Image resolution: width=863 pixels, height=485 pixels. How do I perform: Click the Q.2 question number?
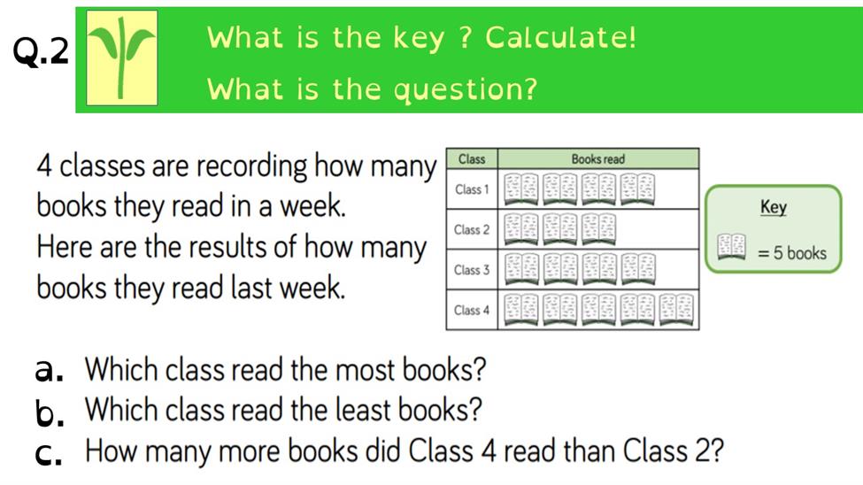[41, 51]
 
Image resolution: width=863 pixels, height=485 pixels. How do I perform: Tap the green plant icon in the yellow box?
[121, 58]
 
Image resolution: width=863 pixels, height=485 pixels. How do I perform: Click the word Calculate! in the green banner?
[560, 37]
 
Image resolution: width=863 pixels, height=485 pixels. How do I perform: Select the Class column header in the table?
[472, 159]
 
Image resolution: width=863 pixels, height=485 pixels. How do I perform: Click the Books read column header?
[597, 159]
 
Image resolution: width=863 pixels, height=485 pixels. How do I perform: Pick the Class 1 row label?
[472, 189]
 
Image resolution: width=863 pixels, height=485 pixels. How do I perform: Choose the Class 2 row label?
[472, 229]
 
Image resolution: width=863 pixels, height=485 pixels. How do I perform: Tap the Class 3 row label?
[472, 270]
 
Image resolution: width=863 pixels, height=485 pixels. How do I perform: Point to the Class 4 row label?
[472, 310]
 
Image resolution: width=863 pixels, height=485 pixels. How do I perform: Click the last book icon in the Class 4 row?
[676, 310]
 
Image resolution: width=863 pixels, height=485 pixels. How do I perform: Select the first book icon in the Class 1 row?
[521, 189]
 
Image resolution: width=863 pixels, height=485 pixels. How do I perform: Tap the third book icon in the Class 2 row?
[599, 229]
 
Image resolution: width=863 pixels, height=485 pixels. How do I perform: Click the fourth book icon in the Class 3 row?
[638, 270]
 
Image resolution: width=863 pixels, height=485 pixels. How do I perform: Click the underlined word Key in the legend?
[774, 207]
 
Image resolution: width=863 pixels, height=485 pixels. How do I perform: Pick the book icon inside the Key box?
[731, 247]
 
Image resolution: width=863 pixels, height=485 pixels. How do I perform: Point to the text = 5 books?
[792, 253]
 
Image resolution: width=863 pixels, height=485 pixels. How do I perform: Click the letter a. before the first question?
[49, 370]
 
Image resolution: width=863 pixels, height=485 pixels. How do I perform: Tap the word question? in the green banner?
[466, 89]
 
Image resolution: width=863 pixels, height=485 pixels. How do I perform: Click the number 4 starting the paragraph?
[44, 166]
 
